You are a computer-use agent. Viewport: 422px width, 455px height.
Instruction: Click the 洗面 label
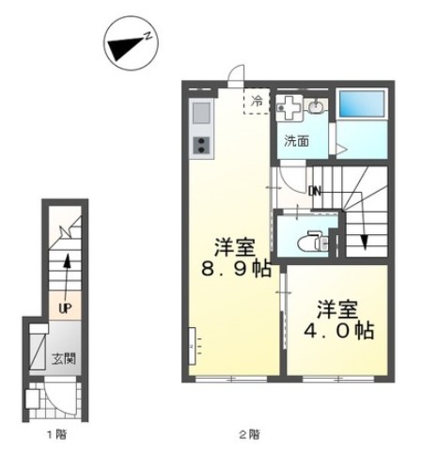[295, 142]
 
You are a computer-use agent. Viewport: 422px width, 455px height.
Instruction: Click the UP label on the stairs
[65, 306]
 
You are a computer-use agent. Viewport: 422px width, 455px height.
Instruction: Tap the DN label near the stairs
[316, 191]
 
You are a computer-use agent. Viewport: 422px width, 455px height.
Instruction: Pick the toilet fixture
[309, 242]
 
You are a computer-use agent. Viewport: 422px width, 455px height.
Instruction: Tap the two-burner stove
[202, 145]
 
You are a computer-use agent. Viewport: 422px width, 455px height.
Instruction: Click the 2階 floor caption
[249, 434]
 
